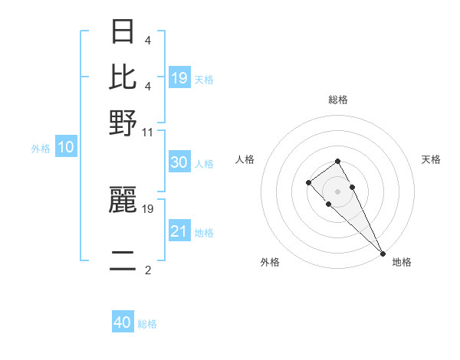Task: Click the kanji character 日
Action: tap(123, 31)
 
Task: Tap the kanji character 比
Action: tap(123, 77)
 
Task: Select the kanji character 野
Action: tap(123, 123)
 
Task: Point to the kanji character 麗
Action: tap(123, 200)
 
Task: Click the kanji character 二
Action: tap(123, 261)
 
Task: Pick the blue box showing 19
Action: tap(179, 77)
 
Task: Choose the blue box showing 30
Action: tap(179, 162)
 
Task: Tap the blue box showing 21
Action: tap(179, 231)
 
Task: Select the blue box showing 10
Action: tap(66, 147)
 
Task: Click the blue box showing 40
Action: tap(123, 322)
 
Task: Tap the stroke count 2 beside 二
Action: tap(148, 270)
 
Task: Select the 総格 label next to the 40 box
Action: tap(147, 324)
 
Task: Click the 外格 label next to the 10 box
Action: tap(41, 149)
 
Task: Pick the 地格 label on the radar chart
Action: tap(402, 262)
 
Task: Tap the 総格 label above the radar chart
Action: tap(338, 100)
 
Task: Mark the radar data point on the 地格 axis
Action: tap(383, 254)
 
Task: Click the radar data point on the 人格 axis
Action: tap(308, 182)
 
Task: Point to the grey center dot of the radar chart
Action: tap(337, 191)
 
